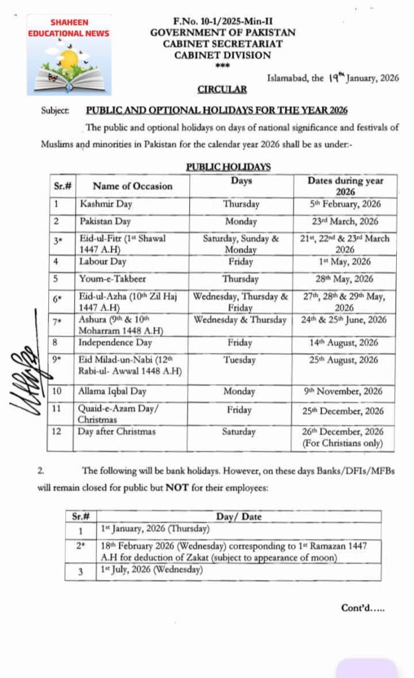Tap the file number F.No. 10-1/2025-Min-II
click(222, 22)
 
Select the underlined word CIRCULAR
click(222, 89)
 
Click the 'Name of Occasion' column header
click(132, 186)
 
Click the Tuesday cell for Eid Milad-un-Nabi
click(239, 360)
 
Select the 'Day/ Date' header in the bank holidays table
click(238, 516)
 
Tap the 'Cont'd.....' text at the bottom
click(362, 607)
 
